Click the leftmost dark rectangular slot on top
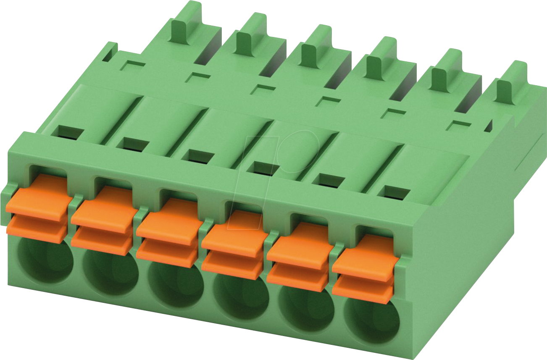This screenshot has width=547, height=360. coord(71,132)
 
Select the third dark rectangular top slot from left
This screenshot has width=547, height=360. coord(200,156)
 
